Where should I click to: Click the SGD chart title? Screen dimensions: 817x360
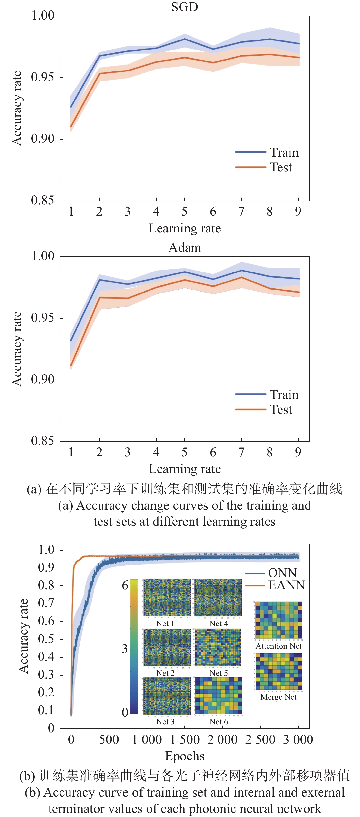(185, 7)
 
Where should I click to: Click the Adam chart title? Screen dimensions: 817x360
(185, 248)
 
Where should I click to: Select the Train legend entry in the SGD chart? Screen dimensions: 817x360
(284, 152)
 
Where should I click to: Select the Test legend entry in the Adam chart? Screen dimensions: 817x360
(281, 409)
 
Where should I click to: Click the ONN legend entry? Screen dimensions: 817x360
(282, 573)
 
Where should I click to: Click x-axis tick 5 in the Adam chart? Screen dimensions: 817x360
(185, 452)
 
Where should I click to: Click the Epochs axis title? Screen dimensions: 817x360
(185, 756)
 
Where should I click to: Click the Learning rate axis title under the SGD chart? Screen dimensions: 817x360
(185, 228)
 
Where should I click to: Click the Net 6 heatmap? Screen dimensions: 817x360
(219, 696)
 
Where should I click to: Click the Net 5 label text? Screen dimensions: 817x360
(219, 673)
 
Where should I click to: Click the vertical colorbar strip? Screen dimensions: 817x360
(134, 647)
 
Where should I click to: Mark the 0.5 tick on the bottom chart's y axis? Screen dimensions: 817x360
(46, 639)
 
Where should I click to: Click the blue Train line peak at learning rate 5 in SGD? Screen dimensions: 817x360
(185, 39)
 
